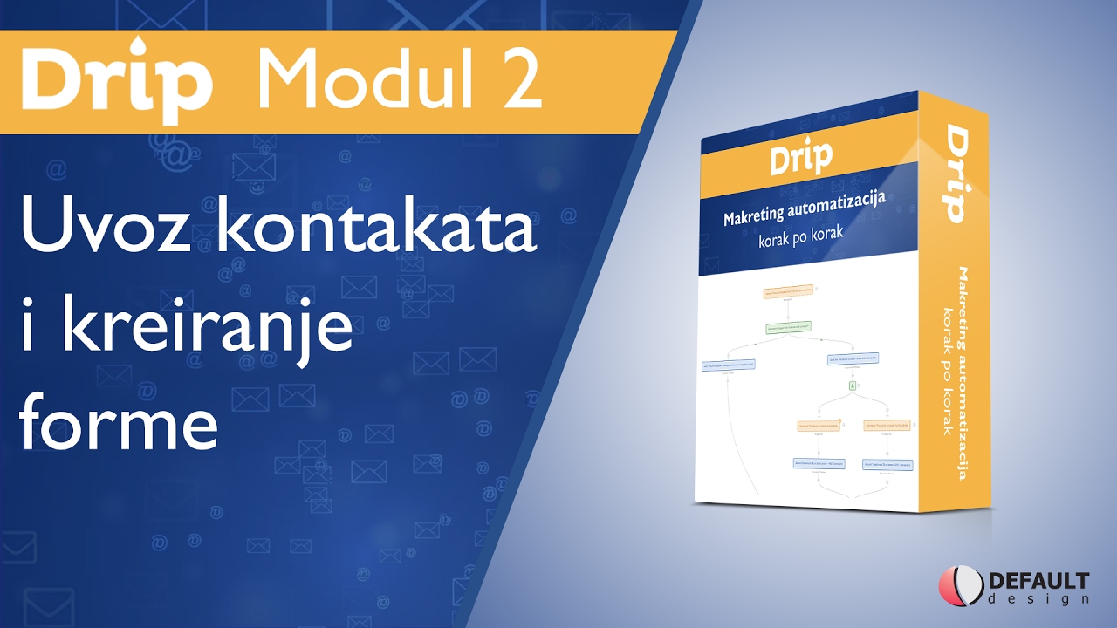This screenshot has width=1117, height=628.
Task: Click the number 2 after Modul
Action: click(x=517, y=80)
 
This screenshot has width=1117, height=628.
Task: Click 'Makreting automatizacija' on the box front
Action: click(x=804, y=209)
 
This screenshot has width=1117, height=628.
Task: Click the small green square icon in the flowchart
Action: click(x=852, y=385)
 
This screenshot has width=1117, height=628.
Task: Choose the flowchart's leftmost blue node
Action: click(x=727, y=365)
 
